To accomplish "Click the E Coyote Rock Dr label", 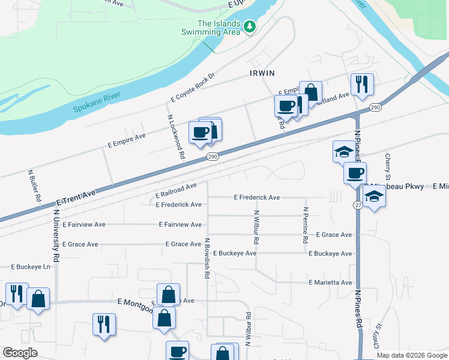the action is pos(193,88).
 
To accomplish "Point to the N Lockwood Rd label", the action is pos(175,137).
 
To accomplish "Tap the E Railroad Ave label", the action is pos(176,191).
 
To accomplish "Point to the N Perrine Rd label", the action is pos(306,225).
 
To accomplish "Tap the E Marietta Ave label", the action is pos(330,282).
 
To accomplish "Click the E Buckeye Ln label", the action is pos(31,266).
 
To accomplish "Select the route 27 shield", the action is pos(357,205).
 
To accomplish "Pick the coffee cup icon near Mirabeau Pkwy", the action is pos(355,173).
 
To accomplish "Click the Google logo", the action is pos(20,353).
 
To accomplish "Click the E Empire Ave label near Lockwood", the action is pos(127,140).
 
